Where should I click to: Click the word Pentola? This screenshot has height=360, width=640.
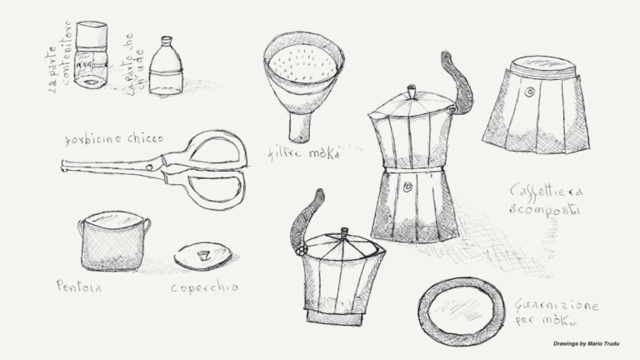(79, 286)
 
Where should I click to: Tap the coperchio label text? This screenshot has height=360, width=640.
(204, 287)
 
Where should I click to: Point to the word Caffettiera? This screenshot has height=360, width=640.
(547, 192)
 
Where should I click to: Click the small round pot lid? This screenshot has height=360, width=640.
(202, 255)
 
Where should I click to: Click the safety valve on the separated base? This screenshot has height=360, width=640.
(528, 92)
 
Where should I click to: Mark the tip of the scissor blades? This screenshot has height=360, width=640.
(65, 166)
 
